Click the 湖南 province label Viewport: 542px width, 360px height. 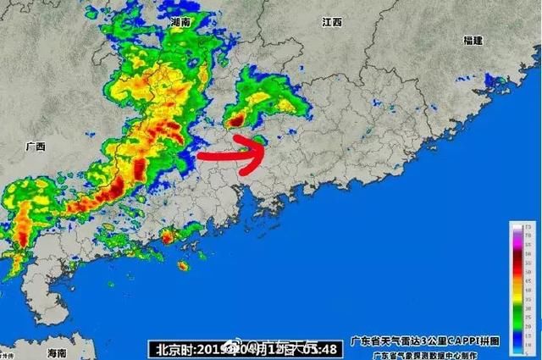tap(180, 21)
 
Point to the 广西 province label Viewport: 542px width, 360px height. tap(36, 146)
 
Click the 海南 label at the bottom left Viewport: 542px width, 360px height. tap(57, 352)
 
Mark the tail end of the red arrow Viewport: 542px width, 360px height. tap(198, 157)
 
